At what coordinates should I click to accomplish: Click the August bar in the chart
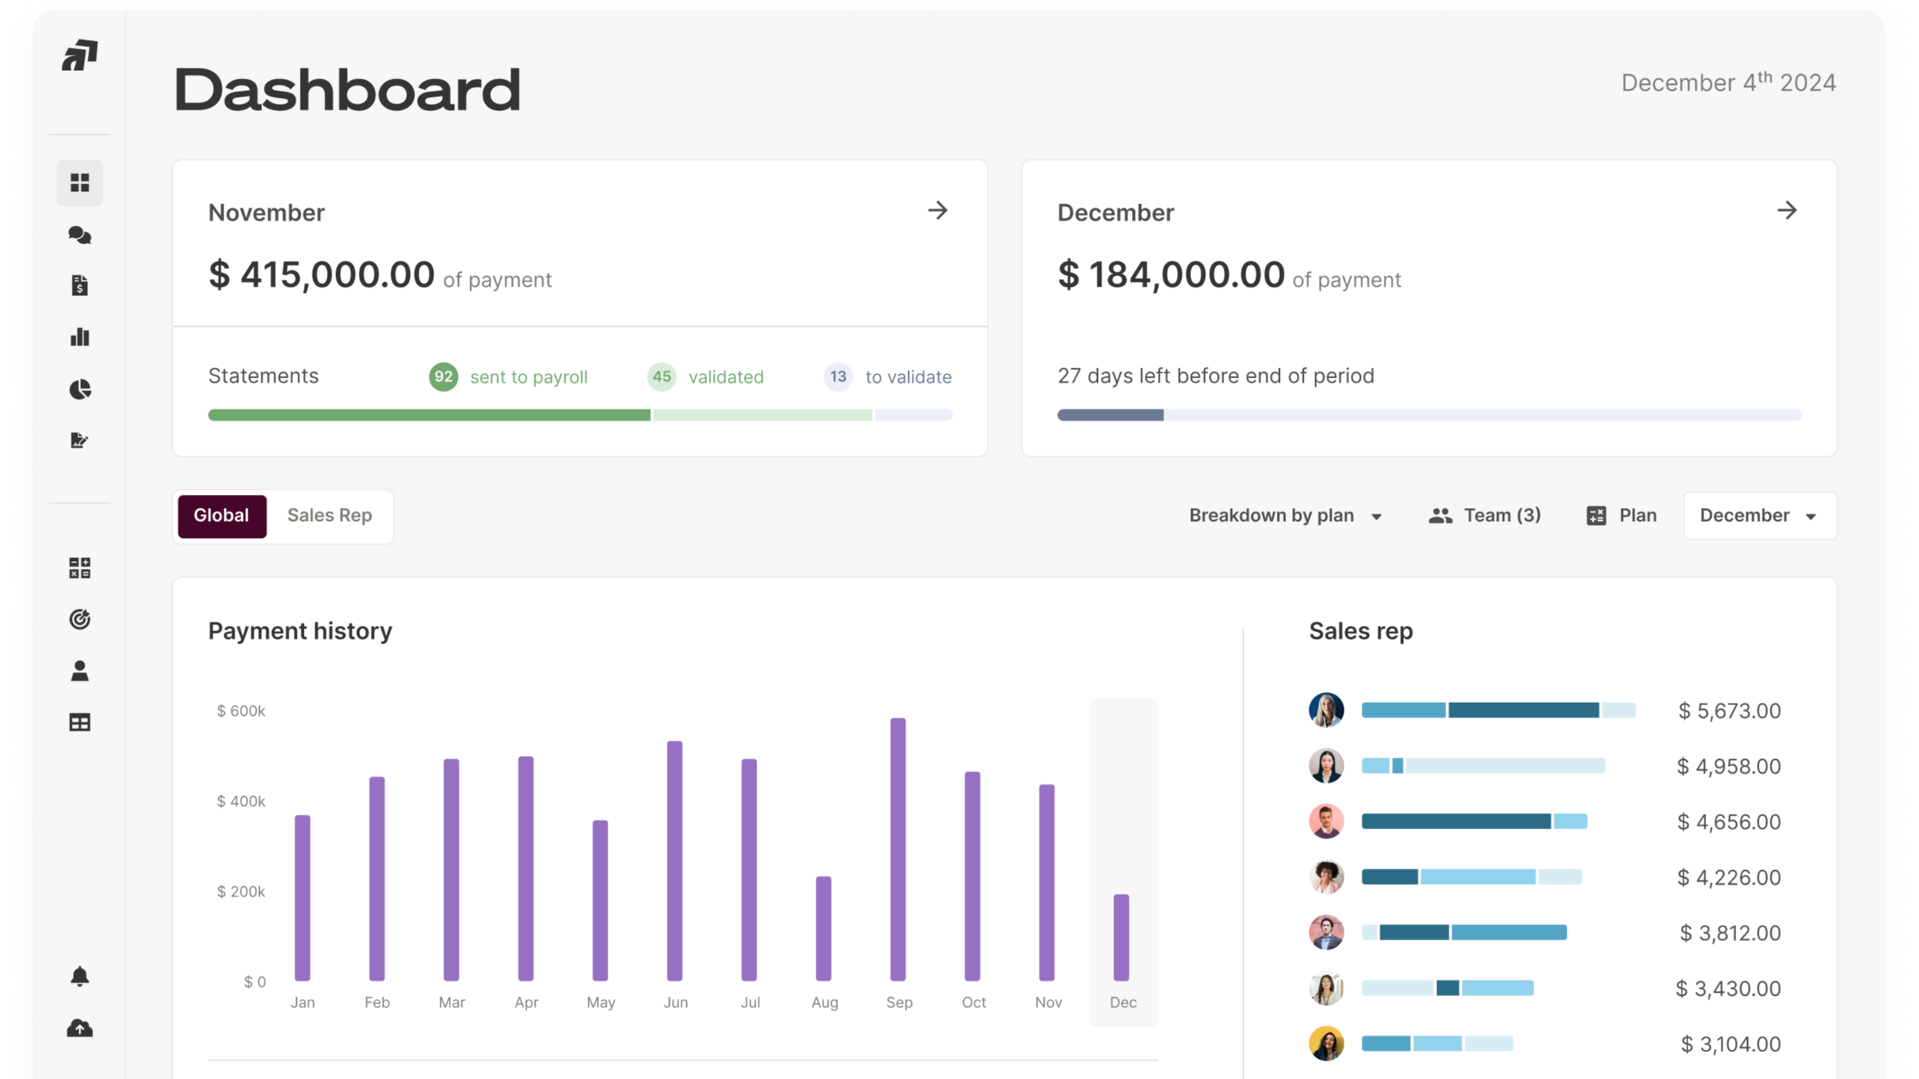tap(823, 928)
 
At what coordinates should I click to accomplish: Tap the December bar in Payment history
tap(1121, 937)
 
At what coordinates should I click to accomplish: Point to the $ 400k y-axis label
tap(241, 802)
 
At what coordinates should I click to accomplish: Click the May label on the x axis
tap(601, 1003)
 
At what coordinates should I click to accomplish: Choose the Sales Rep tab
tap(329, 516)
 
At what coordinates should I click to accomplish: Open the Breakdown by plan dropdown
tap(1284, 516)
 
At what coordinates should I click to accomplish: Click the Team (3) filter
tap(1484, 516)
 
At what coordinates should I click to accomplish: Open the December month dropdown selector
tap(1759, 516)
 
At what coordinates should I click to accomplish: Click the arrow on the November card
tap(938, 210)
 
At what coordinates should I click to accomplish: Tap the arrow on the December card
tap(1786, 210)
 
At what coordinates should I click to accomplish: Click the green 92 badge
tap(443, 377)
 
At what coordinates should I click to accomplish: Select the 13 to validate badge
tap(838, 377)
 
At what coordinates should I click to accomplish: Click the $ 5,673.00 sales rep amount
tap(1729, 711)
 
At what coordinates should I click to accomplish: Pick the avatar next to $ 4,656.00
tap(1326, 822)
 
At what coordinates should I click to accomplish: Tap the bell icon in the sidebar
tap(79, 976)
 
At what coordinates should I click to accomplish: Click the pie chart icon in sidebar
tap(79, 389)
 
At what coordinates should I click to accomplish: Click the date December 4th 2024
tap(1728, 82)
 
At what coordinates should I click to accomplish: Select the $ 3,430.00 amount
tap(1728, 989)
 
